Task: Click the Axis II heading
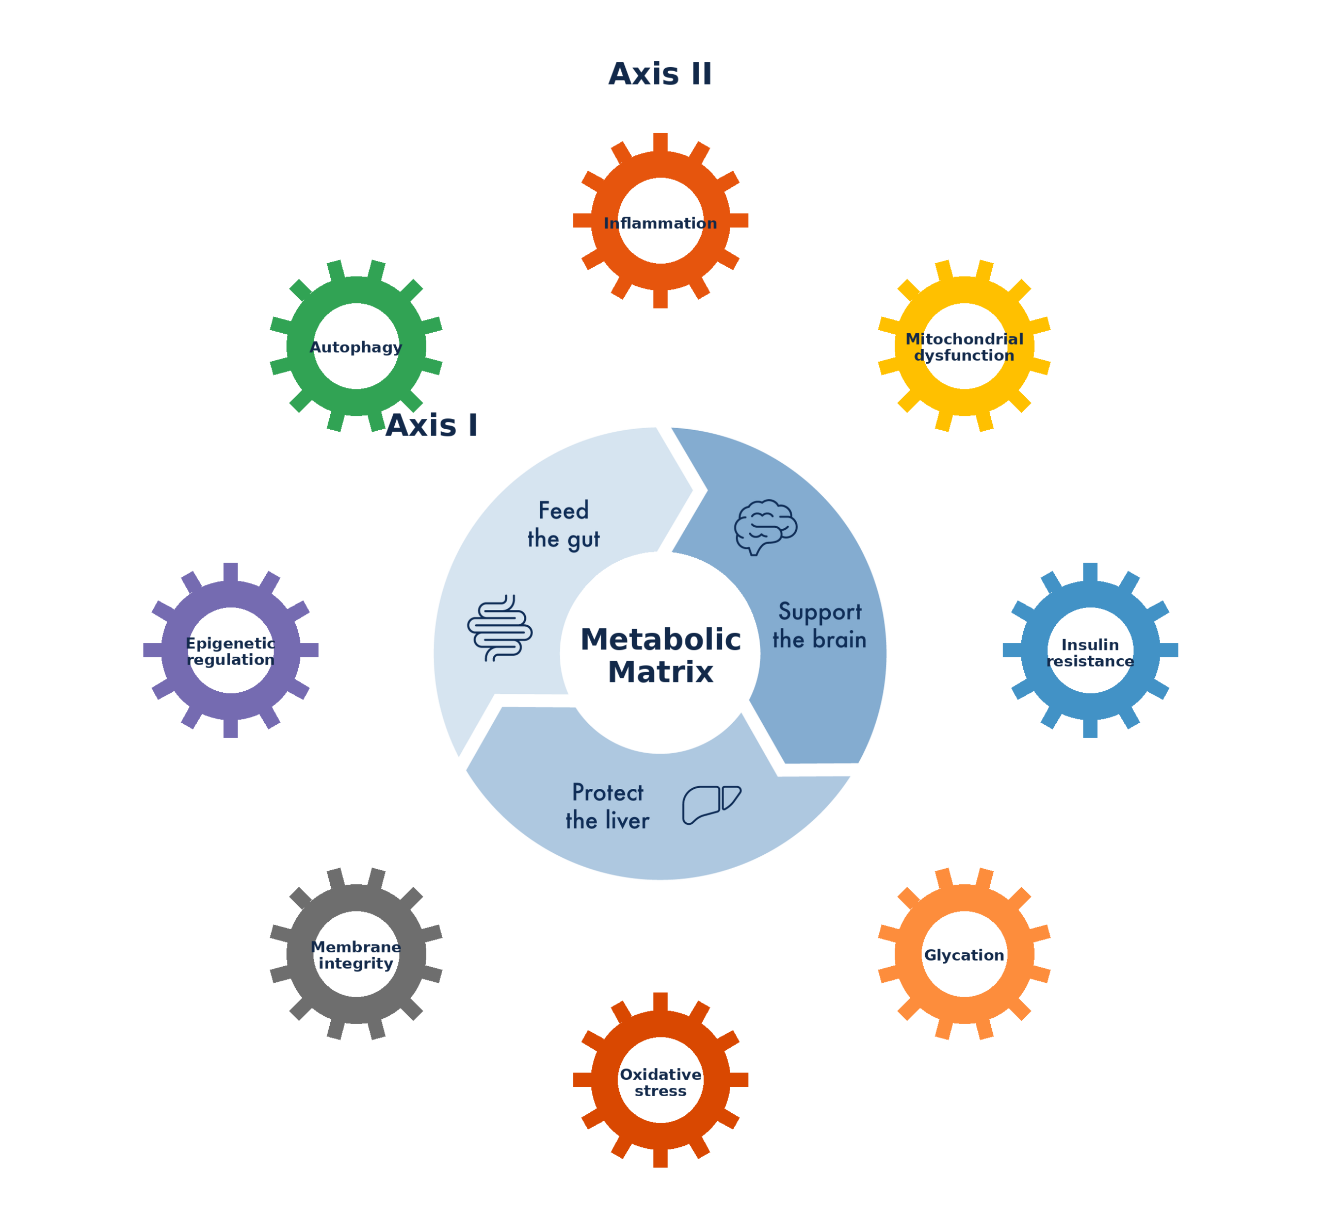660,74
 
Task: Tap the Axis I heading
431,426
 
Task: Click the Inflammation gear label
660,223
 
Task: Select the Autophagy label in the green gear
356,347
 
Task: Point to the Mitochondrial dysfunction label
964,347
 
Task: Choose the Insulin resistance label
1090,653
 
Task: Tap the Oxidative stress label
660,1082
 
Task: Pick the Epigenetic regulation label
230,651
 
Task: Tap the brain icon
765,526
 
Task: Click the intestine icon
500,627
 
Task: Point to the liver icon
711,804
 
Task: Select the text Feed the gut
563,525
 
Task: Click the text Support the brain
819,625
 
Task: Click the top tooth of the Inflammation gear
660,142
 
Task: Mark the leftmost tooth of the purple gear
152,649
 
